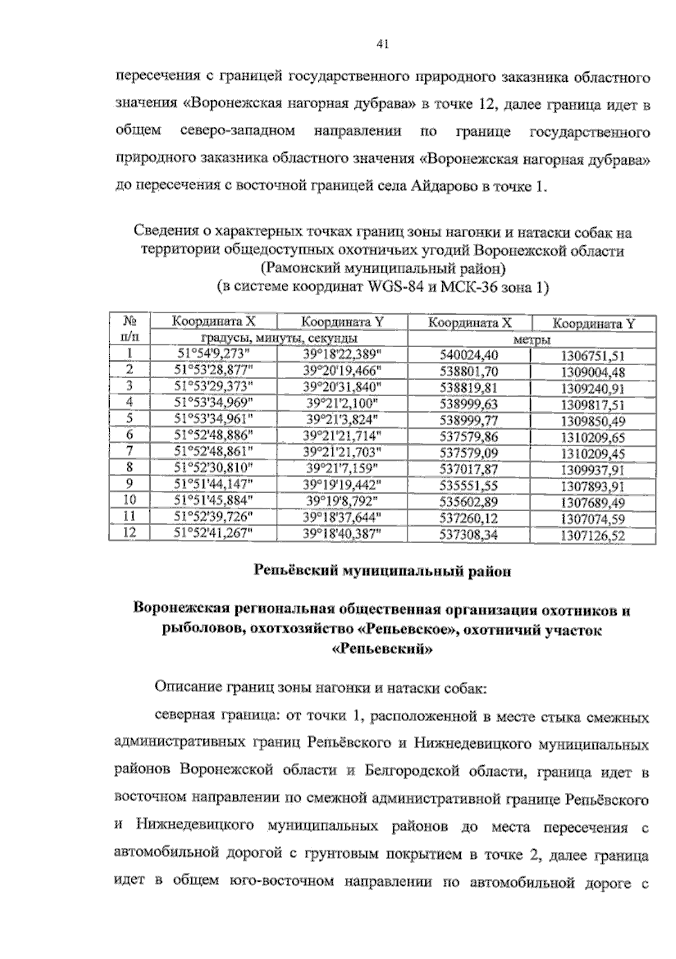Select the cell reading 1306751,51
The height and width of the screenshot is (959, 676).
(593, 356)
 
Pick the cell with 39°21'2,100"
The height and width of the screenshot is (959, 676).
(341, 402)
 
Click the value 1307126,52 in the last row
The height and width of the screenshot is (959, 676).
(593, 536)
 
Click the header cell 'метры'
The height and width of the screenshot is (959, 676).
(531, 340)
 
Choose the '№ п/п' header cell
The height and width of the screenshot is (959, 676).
(130, 330)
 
